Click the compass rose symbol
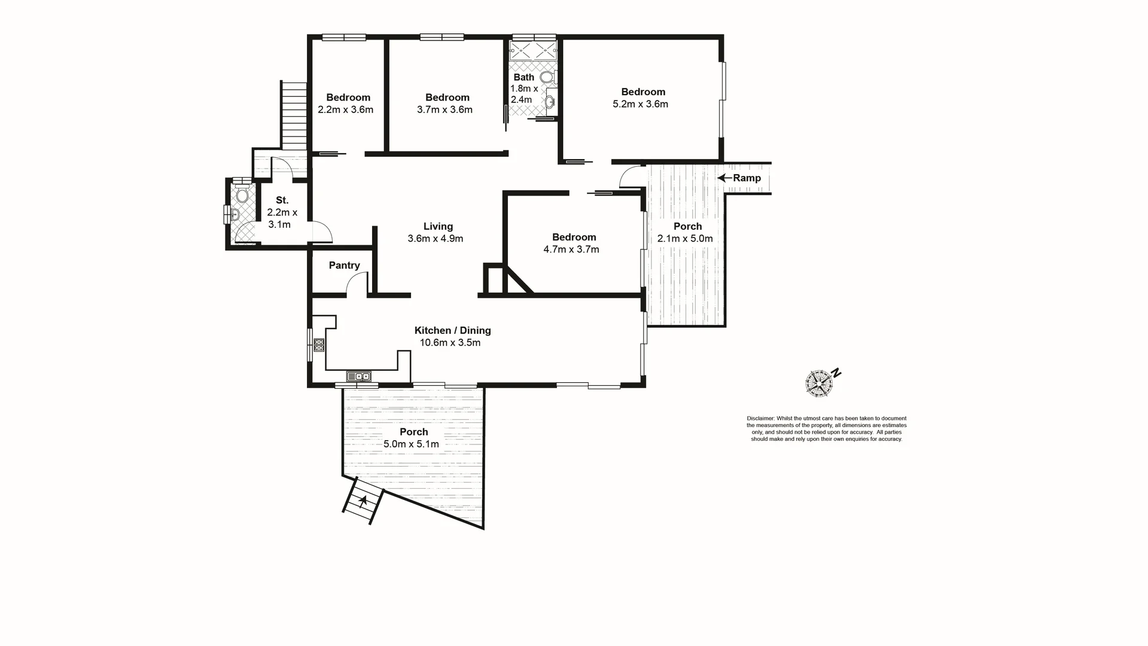pos(819,383)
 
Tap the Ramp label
pos(747,178)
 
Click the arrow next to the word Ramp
pos(724,178)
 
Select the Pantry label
pos(344,266)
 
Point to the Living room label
pos(438,226)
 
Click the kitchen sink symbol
pos(358,376)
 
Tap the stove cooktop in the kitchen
pos(319,345)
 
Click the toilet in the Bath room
pos(547,77)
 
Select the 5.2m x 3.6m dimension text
pos(640,104)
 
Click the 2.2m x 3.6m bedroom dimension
pos(346,110)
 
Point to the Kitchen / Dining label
pos(453,330)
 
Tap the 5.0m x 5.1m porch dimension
pos(412,444)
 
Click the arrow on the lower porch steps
pos(363,499)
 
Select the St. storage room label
pos(282,200)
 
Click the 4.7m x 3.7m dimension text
pos(571,249)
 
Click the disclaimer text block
pos(826,429)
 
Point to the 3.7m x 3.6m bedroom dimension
pos(444,110)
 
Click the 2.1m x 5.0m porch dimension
pos(685,239)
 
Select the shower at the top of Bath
pos(533,50)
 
